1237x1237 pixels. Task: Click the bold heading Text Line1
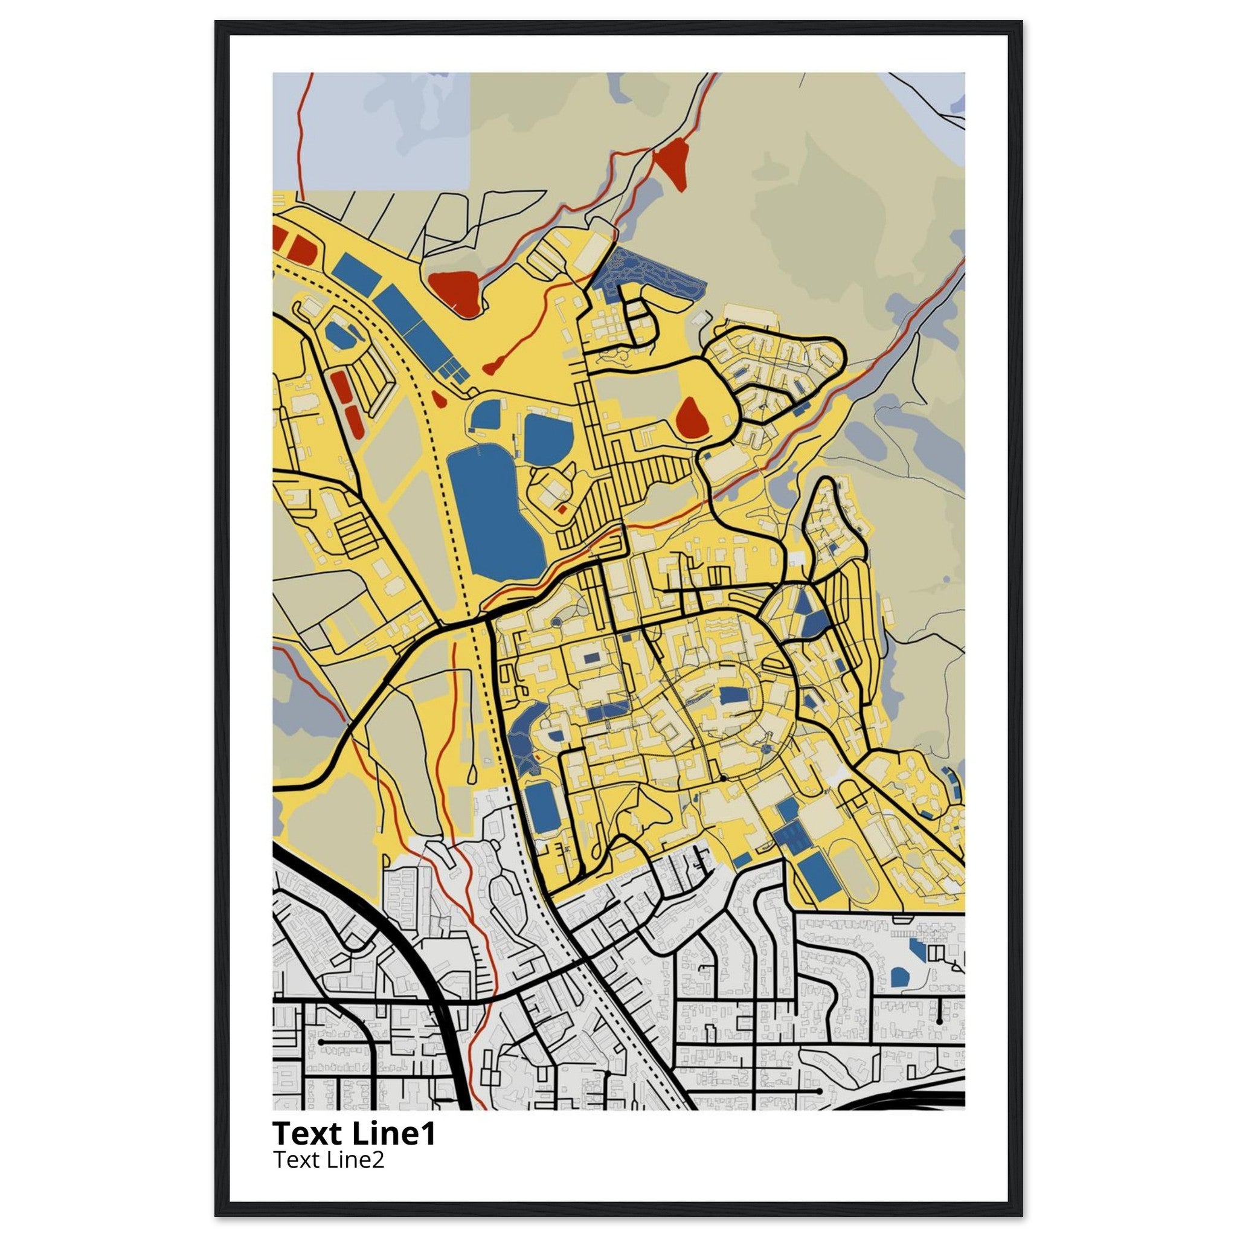(x=354, y=1133)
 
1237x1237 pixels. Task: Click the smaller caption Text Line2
(x=329, y=1160)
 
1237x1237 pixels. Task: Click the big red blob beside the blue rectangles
(x=455, y=291)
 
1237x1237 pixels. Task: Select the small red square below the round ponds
(x=562, y=510)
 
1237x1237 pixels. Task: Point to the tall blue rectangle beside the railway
(x=542, y=809)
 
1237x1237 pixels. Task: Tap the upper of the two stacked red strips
(x=341, y=385)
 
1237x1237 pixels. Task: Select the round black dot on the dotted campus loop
(x=722, y=778)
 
